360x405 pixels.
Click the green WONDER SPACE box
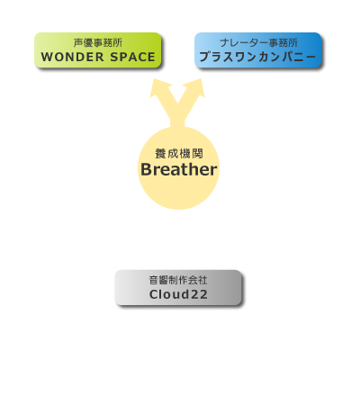[98, 50]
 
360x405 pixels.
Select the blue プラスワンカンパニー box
[258, 50]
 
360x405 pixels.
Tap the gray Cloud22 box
[178, 287]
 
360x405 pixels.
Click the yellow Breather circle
[178, 168]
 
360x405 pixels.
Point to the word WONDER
[73, 57]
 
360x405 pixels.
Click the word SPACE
[132, 57]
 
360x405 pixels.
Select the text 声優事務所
[98, 43]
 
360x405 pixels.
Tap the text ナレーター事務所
[258, 43]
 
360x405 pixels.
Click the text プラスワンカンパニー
[257, 57]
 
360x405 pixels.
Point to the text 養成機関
[179, 154]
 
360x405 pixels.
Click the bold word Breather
[179, 169]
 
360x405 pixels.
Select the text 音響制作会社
[178, 280]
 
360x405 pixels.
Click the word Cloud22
[178, 294]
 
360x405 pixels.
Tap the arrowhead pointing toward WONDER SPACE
[159, 87]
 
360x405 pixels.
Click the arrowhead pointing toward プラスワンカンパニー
[195, 87]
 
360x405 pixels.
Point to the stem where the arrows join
[177, 120]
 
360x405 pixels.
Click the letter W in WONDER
[47, 57]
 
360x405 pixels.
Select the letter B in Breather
[146, 169]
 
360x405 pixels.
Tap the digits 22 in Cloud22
[199, 294]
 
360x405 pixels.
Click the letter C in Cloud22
[154, 294]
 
